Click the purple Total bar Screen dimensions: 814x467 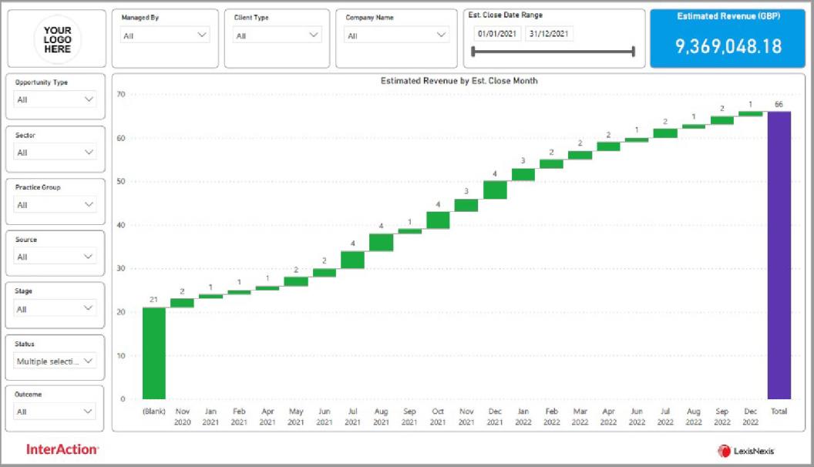(x=779, y=255)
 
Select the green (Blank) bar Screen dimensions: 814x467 (x=153, y=353)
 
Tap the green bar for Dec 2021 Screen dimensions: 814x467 (x=495, y=190)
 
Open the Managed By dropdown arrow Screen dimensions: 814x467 (x=202, y=35)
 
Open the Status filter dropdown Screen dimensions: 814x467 (x=55, y=361)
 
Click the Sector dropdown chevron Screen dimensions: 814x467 (x=89, y=152)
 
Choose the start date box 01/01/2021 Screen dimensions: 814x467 (x=497, y=34)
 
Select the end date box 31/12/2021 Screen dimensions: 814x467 (x=548, y=34)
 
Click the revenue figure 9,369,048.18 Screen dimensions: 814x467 (x=728, y=46)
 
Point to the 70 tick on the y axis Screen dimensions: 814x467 (x=121, y=94)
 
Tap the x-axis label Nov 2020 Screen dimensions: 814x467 (x=182, y=417)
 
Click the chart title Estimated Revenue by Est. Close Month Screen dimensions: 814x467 (x=459, y=81)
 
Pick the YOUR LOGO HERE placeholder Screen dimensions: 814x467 (x=57, y=39)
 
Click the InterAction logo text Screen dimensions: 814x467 (x=62, y=449)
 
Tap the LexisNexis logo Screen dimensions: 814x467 (x=746, y=451)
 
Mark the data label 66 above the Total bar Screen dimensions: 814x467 (x=779, y=104)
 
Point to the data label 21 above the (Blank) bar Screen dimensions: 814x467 (x=153, y=300)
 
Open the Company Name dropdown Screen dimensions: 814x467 (x=396, y=35)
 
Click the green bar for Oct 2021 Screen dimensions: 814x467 (x=438, y=220)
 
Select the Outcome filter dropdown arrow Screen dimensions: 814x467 (x=88, y=412)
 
